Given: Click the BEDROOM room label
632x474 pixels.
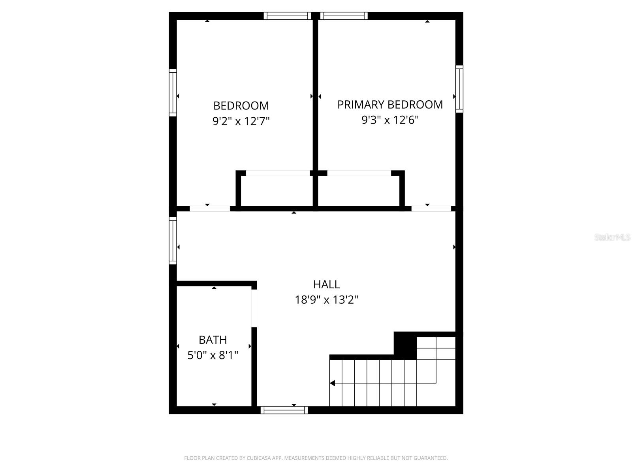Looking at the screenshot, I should [x=241, y=106].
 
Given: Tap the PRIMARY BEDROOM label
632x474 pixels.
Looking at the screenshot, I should [x=390, y=105].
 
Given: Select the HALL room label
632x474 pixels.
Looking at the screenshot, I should [x=326, y=284].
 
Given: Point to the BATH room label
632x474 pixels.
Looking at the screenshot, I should [x=213, y=340].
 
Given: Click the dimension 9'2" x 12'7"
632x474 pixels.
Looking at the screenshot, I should [x=241, y=121].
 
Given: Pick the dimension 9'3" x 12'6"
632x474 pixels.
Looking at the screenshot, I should [x=390, y=120].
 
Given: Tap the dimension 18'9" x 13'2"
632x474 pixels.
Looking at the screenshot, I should [x=326, y=300].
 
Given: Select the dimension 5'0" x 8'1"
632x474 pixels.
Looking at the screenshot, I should [x=213, y=355].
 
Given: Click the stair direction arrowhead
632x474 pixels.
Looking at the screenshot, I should [x=333, y=383].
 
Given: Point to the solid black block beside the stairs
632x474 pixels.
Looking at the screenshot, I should [x=405, y=345].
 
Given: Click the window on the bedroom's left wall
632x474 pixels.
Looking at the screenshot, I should [x=173, y=93].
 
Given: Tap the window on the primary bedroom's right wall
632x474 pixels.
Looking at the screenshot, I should [x=459, y=89].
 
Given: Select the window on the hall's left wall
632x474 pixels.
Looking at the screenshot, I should [x=173, y=241].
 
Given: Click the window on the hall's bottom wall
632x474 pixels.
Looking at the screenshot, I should [x=284, y=410].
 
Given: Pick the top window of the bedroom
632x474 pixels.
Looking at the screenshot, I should [x=288, y=16].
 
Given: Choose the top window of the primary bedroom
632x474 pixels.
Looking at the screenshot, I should [x=344, y=16].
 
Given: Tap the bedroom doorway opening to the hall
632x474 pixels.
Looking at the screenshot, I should [x=210, y=209].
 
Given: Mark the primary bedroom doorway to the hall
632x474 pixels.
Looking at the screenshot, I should [x=431, y=209].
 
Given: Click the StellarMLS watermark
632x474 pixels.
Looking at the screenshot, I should [x=612, y=237].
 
